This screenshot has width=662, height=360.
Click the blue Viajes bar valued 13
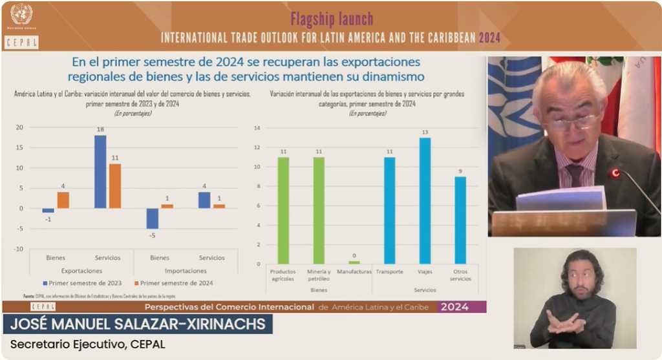pyautogui.click(x=425, y=200)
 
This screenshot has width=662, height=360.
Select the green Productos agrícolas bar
pyautogui.click(x=283, y=210)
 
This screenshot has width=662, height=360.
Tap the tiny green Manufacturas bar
pyautogui.click(x=354, y=262)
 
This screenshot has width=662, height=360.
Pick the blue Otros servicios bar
pyautogui.click(x=460, y=220)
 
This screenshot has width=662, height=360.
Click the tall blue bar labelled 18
pyautogui.click(x=100, y=171)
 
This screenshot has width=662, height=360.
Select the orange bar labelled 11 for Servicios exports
pyautogui.click(x=114, y=185)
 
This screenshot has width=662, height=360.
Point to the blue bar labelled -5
pyautogui.click(x=152, y=218)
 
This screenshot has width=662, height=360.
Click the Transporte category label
pyautogui.click(x=389, y=271)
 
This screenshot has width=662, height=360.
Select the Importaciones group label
pyautogui.click(x=186, y=270)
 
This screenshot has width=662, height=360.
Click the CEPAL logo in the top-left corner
pyautogui.click(x=21, y=42)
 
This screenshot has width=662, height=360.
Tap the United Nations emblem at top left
pyautogui.click(x=21, y=14)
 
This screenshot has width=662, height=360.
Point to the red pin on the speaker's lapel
pyautogui.click(x=615, y=173)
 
